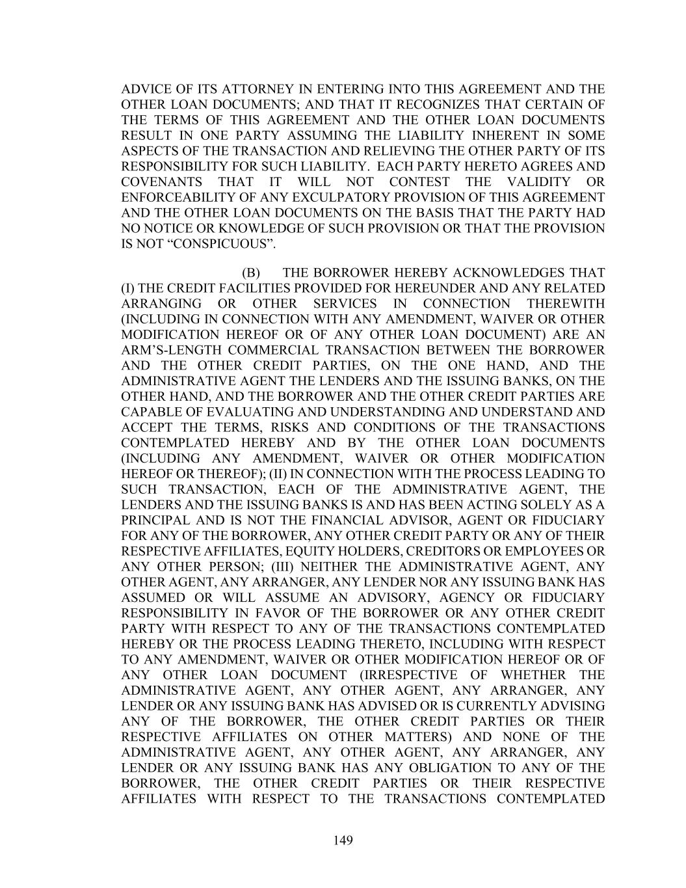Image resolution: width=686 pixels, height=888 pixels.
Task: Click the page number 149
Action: pyautogui.click(x=343, y=841)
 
